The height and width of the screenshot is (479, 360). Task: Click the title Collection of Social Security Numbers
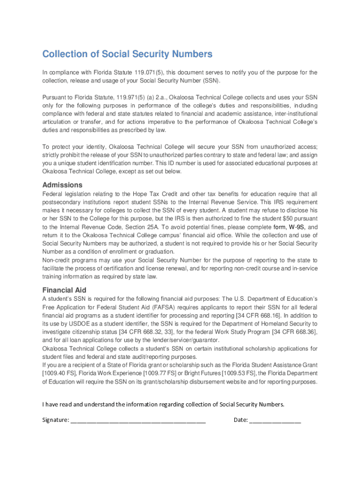(127, 54)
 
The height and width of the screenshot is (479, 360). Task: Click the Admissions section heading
(62, 184)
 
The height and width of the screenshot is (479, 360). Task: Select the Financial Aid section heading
(64, 290)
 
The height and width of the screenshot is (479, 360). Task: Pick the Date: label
(240, 420)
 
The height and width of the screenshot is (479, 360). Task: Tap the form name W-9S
(297, 227)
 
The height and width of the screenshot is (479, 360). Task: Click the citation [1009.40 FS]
(60, 373)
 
